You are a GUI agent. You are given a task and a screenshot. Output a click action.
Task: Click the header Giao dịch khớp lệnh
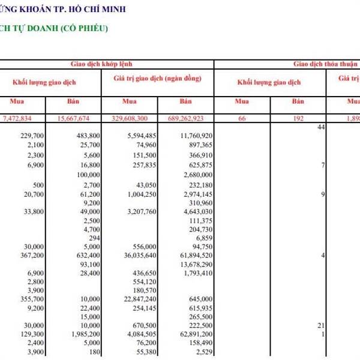point(101,63)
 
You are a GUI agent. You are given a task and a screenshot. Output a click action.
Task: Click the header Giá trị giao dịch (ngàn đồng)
point(157,79)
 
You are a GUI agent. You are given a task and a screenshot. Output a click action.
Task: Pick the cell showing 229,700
point(30,136)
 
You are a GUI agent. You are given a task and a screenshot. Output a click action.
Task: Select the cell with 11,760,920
point(196,136)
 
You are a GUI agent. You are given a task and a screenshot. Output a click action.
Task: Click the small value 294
point(94,238)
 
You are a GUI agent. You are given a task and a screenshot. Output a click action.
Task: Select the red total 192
point(298,119)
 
